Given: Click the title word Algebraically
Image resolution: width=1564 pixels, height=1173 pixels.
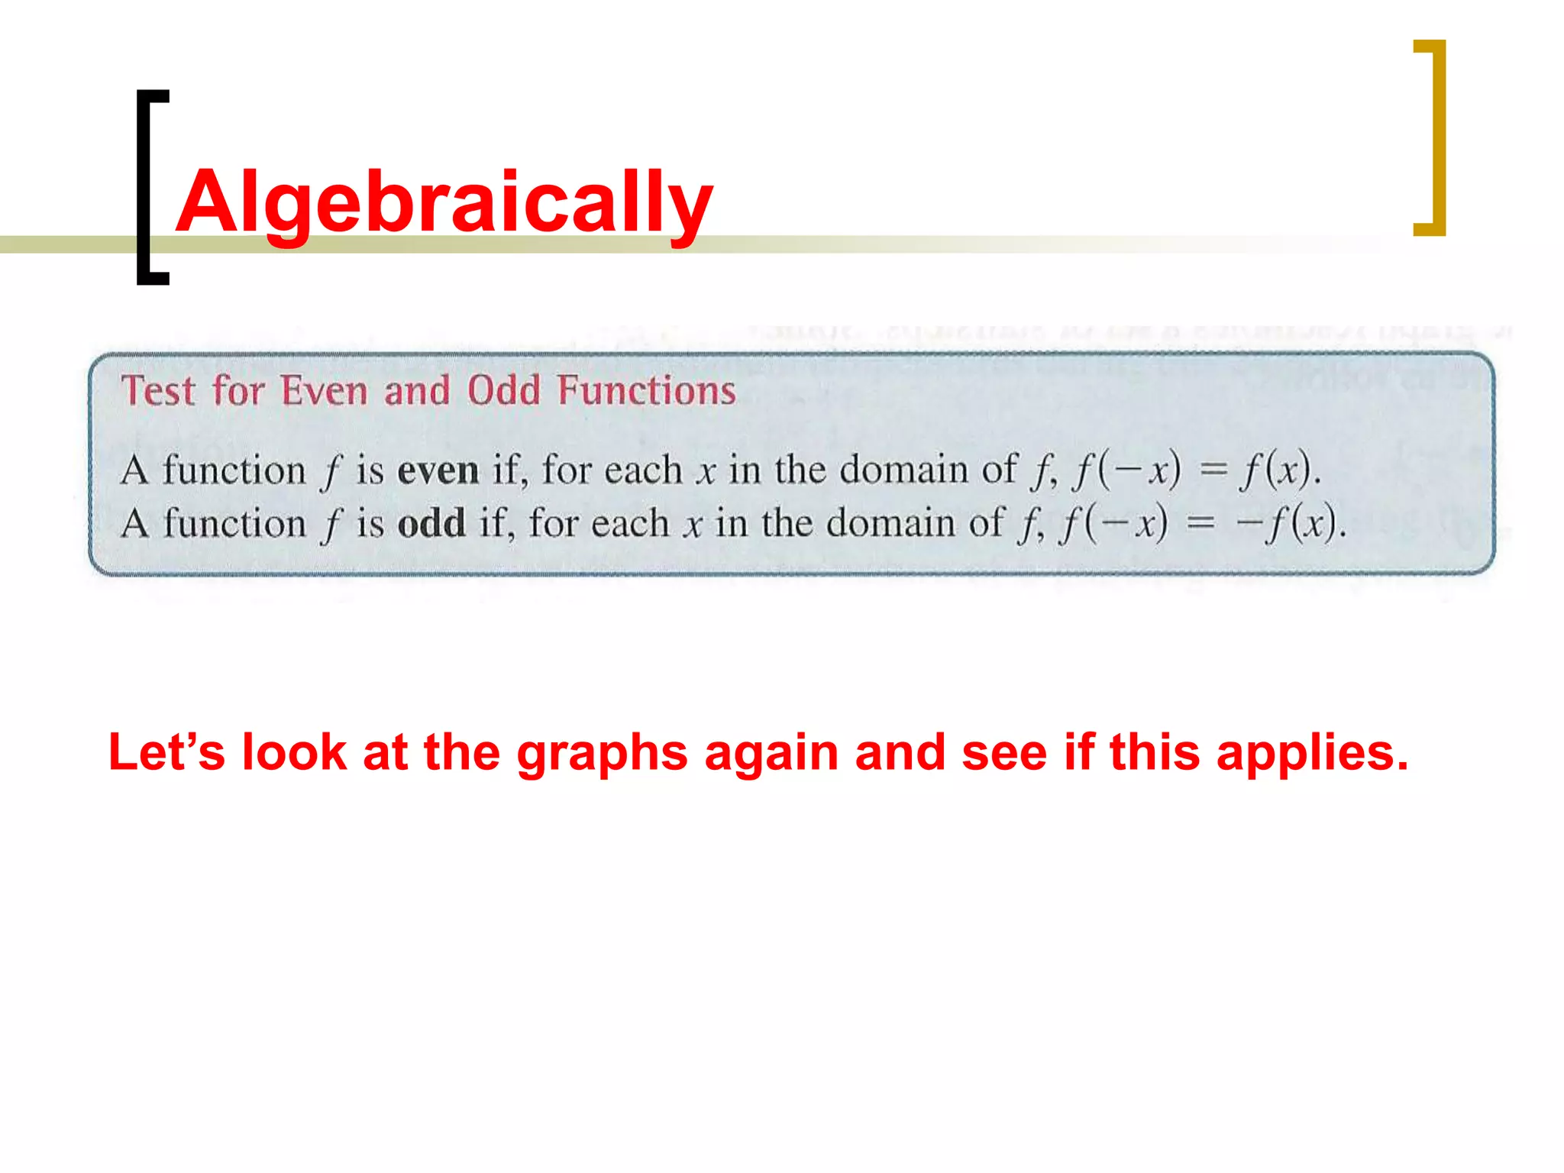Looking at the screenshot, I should pos(444,202).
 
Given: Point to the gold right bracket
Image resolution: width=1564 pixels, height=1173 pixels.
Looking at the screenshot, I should pos(1435,137).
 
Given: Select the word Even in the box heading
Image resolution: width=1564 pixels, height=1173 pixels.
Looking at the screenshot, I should pos(325,391).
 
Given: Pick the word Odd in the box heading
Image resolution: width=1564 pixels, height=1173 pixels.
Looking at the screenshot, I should pos(504,391).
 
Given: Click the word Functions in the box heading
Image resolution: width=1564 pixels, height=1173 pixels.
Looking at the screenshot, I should pos(646,391).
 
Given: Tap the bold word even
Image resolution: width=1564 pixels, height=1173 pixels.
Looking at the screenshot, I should pos(438,470).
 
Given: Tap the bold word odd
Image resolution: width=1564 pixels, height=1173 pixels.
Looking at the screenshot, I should pos(431,524).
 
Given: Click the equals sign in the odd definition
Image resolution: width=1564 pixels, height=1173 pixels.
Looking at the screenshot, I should pos(1201,524).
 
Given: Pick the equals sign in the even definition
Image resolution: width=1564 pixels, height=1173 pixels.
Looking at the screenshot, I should pos(1213,470).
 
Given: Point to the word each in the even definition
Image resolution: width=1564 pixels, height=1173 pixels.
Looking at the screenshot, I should pos(643,470).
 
